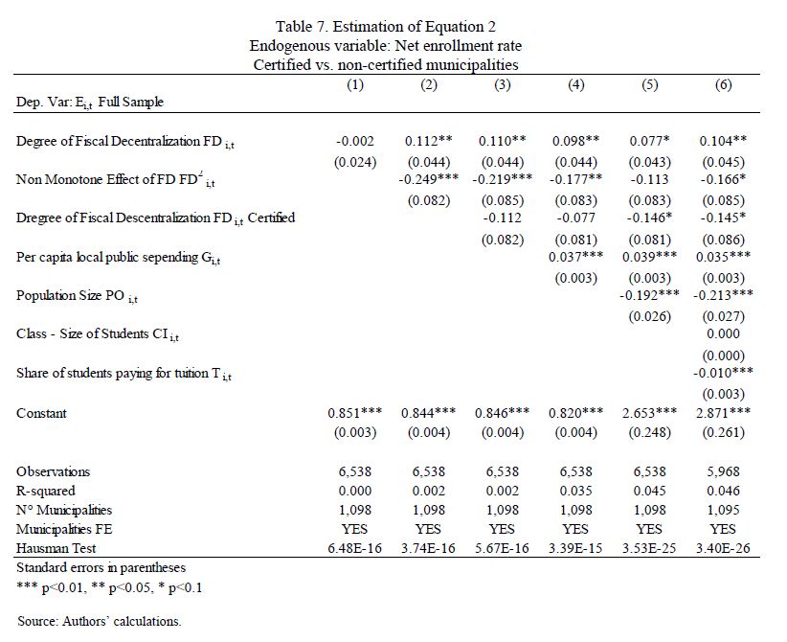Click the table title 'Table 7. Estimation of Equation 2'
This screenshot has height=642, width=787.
[386, 26]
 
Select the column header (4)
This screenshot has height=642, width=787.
[575, 85]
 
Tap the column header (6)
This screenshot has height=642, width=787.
[723, 85]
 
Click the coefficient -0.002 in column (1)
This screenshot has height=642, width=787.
[355, 141]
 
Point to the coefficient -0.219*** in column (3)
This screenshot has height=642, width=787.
[502, 179]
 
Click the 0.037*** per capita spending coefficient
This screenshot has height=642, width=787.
[575, 257]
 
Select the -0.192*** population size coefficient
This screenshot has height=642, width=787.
[649, 295]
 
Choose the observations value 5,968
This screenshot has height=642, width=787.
[723, 471]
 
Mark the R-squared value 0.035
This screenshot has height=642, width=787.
[575, 491]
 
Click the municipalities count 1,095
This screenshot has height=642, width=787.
[723, 510]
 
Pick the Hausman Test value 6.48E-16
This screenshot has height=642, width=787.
[355, 548]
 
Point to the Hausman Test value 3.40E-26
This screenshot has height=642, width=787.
[723, 548]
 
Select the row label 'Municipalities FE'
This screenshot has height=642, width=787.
[65, 529]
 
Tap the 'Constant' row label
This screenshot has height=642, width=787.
[42, 413]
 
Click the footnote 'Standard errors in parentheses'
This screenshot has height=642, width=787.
[101, 567]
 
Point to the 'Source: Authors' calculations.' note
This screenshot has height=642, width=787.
[100, 621]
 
